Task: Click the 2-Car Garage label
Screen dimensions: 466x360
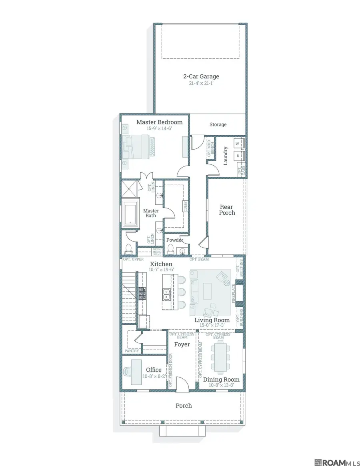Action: [201, 76]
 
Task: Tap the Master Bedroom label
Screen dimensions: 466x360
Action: [159, 122]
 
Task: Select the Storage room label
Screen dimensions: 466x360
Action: [218, 125]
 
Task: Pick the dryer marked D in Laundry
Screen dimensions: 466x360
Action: [237, 155]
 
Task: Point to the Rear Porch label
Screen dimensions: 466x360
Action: [227, 210]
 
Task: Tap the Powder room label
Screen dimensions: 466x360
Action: [175, 240]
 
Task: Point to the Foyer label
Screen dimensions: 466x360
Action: [182, 344]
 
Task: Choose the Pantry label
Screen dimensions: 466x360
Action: [132, 351]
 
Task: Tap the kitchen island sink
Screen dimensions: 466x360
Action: [167, 295]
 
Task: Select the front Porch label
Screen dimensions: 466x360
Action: [184, 406]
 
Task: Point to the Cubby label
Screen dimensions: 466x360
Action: [185, 206]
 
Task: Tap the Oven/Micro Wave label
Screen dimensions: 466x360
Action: [157, 252]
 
